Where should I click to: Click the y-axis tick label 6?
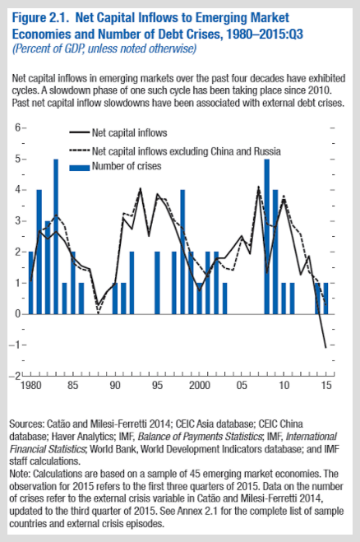(x=17, y=127)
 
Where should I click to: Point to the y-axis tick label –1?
(x=14, y=345)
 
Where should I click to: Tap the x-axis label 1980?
(x=30, y=385)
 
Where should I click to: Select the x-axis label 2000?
(x=200, y=385)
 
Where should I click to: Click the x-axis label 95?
(x=157, y=385)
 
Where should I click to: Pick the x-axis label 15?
(x=326, y=385)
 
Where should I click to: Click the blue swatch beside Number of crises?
(x=80, y=168)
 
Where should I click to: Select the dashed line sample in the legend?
(x=80, y=151)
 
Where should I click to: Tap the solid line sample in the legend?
(x=80, y=132)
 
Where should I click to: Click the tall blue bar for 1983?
(x=56, y=236)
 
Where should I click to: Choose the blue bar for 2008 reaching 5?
(x=267, y=236)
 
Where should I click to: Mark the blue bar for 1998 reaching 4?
(x=182, y=252)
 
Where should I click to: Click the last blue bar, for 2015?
(x=325, y=299)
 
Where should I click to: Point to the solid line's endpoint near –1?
(x=325, y=347)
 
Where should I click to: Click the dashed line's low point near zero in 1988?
(x=98, y=313)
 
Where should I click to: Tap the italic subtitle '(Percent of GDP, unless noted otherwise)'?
(x=104, y=49)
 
